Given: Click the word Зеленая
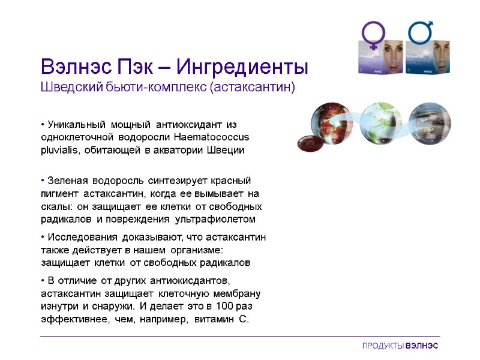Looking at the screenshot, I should click(67, 180).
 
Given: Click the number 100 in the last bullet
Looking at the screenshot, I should click(223, 306).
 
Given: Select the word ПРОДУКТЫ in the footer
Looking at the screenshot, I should click(383, 347).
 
